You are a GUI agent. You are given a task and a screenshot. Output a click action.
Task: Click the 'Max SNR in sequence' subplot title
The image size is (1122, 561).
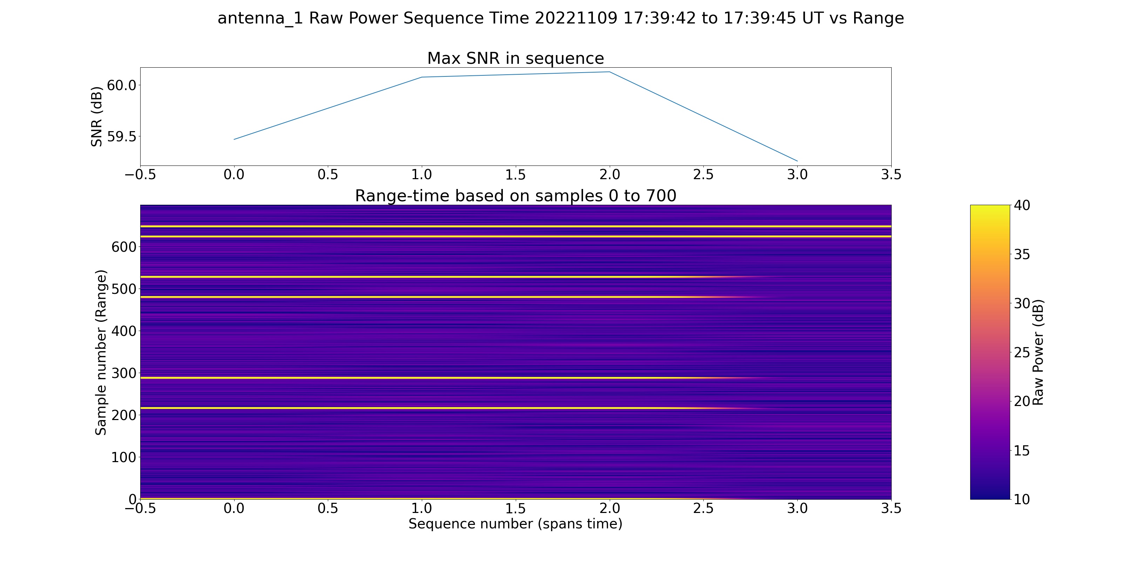coord(515,58)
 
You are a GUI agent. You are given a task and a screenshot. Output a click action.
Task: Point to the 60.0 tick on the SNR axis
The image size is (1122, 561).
coord(122,85)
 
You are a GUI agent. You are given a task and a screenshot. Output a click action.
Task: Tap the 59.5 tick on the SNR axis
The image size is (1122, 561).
coord(122,137)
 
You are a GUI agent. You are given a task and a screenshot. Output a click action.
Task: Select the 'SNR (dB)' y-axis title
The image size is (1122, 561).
coord(96,117)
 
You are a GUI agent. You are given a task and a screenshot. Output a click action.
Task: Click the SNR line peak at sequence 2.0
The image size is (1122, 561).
coord(609,72)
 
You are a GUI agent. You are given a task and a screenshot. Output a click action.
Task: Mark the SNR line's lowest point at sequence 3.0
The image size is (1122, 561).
coord(797,161)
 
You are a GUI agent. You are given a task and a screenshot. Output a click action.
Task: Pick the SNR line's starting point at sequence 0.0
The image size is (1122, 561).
coord(234,140)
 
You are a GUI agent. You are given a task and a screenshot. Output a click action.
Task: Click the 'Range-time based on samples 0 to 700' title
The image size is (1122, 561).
coord(515,196)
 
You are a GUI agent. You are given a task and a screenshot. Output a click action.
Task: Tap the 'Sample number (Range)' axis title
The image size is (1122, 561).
coord(101,352)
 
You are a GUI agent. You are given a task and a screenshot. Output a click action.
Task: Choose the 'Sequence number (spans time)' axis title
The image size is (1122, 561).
coord(515,523)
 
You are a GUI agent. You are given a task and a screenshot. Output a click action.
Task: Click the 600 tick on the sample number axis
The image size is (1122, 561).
coord(124,247)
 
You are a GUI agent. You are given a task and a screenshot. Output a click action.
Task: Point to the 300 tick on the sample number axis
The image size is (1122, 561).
coord(124,373)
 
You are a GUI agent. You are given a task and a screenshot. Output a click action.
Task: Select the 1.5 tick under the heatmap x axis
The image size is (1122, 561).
coord(515,508)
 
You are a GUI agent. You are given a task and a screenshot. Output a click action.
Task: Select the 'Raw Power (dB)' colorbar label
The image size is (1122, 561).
coord(1038,352)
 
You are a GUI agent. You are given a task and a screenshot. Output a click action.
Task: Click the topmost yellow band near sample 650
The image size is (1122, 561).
coord(515,227)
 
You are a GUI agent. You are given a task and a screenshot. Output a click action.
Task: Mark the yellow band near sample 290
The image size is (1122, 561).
coord(435,378)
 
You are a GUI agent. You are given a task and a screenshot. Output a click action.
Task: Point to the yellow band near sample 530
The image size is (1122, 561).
coord(435,277)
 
